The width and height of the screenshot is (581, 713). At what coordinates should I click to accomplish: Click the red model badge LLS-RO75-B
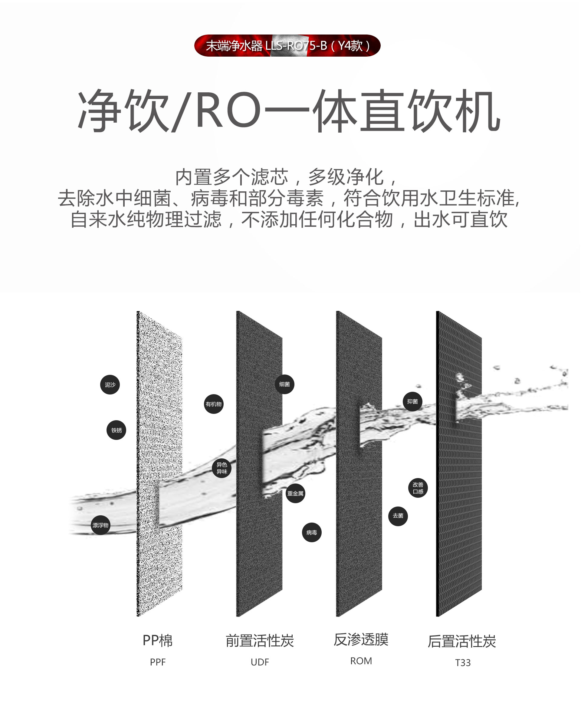pos(287,45)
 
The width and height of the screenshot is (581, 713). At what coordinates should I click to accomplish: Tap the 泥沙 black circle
pos(110,385)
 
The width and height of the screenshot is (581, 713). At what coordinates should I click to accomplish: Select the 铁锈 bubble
pos(116,430)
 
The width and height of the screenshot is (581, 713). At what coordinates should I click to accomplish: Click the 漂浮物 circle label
pos(100,525)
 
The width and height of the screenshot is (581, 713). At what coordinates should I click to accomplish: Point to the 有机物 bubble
pos(214,404)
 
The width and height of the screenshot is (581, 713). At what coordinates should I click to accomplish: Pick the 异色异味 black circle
pos(222,468)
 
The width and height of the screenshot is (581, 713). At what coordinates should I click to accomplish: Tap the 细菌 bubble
pos(284,384)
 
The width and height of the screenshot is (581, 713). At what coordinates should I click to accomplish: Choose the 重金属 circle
pos(295,493)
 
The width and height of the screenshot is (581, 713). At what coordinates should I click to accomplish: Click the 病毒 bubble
pos(312,532)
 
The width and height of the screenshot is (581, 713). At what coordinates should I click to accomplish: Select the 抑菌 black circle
pos(412,401)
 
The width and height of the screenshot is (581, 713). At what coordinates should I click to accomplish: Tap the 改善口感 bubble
pos(418,488)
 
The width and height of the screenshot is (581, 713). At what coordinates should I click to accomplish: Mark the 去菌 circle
pos(398,516)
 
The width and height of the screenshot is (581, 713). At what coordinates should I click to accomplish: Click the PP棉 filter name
pos(158,640)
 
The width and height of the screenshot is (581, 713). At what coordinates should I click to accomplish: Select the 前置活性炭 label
pos(260,641)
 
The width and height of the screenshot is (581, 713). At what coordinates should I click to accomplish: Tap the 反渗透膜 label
pos(361,639)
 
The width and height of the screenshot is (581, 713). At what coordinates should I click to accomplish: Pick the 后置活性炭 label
pos(462,641)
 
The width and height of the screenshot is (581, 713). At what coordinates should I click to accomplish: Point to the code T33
pos(463,663)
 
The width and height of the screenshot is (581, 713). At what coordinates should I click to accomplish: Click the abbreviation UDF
pos(260,662)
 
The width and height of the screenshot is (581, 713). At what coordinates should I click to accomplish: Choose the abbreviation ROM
pos(361,661)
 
